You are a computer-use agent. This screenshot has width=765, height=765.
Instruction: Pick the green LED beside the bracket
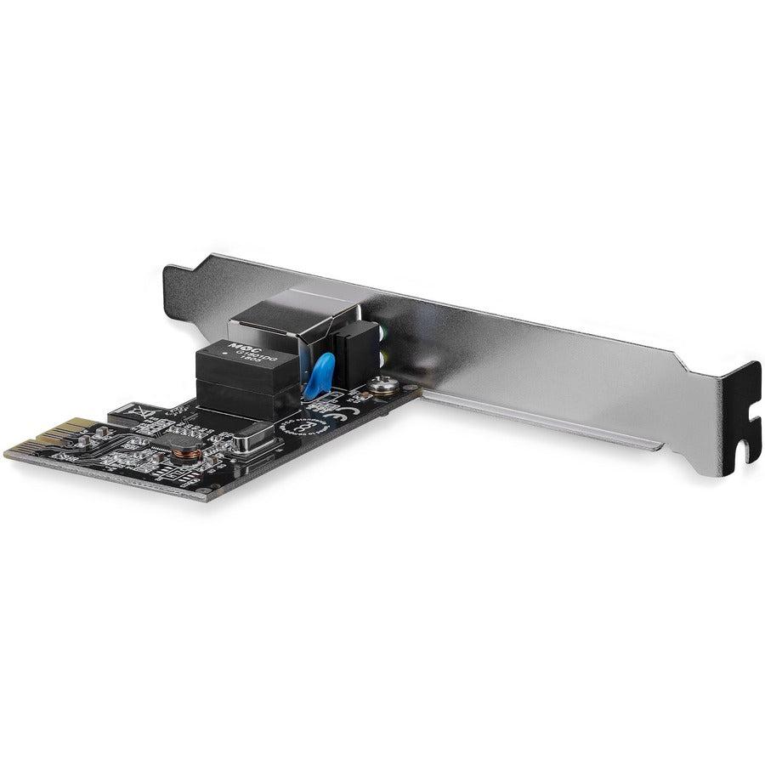click(388, 333)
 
